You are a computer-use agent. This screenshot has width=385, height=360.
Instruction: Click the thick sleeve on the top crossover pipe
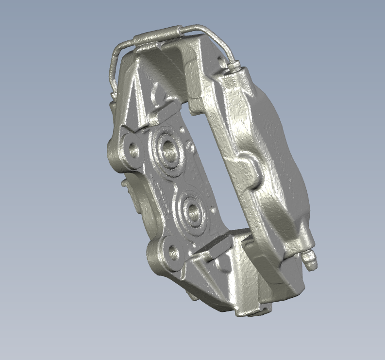point(154,35)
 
